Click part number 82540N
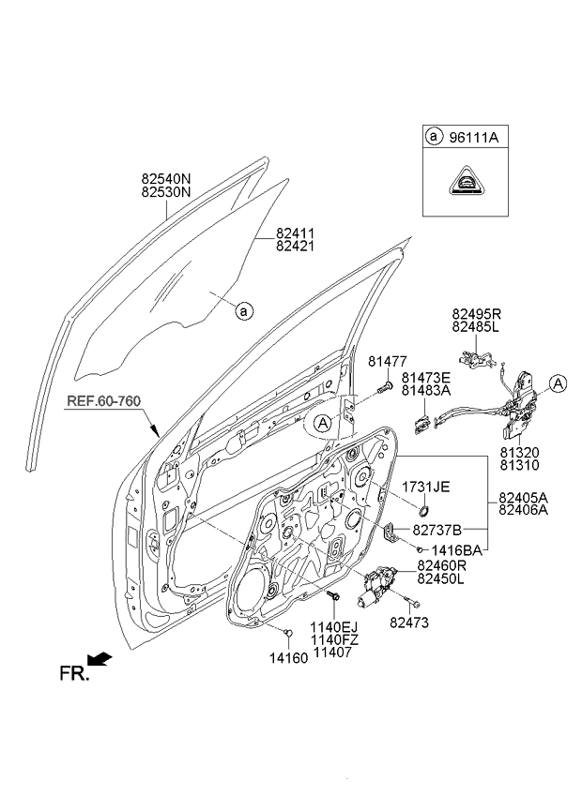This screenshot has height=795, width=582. (x=165, y=176)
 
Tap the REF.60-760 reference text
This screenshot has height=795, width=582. (x=103, y=401)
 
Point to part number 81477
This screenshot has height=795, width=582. (x=386, y=361)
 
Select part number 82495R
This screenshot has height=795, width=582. (x=477, y=316)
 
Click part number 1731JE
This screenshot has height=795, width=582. (x=426, y=487)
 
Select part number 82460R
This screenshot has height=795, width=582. (x=442, y=565)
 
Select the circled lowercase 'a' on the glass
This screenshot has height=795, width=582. (x=242, y=308)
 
